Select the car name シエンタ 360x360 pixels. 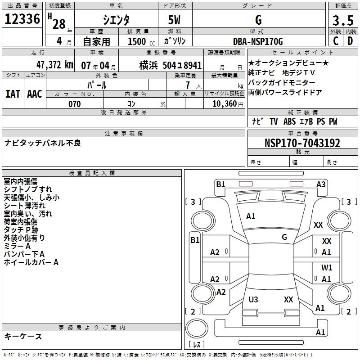click(116, 20)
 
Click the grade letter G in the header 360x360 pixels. click(258, 20)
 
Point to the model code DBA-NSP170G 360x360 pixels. click(258, 42)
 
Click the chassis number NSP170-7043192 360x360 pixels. click(302, 144)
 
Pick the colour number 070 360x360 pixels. click(74, 104)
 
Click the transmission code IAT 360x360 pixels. click(13, 94)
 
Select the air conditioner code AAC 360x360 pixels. click(35, 94)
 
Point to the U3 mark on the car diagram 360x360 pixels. click(253, 299)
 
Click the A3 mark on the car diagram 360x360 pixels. click(321, 184)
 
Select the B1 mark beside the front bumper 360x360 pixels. click(220, 184)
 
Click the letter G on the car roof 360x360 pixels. click(284, 237)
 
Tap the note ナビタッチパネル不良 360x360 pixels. click(43, 143)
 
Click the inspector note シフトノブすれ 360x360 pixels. click(27, 189)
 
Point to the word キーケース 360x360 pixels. click(23, 336)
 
